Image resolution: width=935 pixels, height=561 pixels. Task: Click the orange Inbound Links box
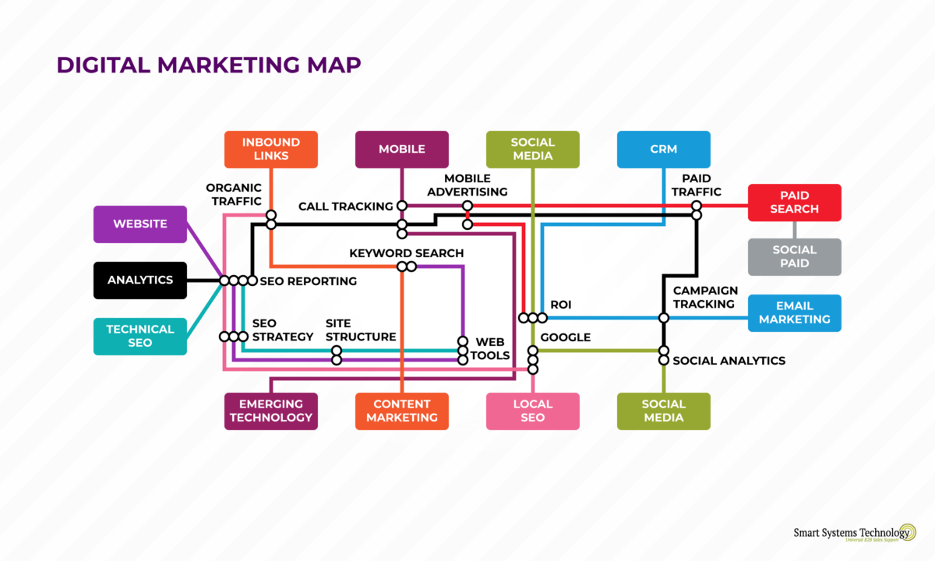(x=270, y=149)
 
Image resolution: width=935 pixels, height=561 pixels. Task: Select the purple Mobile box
(x=401, y=149)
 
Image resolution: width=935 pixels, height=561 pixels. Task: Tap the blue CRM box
(x=663, y=149)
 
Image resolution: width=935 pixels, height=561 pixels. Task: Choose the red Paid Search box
(x=794, y=202)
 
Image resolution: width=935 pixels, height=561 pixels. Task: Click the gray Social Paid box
(x=794, y=256)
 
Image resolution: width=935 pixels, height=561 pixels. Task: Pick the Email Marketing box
(x=794, y=312)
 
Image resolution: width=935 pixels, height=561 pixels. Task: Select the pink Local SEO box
(x=532, y=411)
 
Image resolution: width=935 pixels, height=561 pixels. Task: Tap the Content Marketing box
(x=401, y=411)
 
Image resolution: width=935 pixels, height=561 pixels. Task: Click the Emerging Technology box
(x=270, y=411)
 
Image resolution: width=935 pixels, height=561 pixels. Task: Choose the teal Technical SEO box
(x=139, y=336)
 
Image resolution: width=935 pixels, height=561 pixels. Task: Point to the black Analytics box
(x=139, y=280)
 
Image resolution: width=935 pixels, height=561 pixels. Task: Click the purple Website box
(x=139, y=224)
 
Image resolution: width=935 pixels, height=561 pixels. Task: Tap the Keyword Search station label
(x=406, y=253)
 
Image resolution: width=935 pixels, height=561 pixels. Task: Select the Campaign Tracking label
(x=705, y=297)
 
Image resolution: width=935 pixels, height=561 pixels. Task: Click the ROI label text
(x=560, y=305)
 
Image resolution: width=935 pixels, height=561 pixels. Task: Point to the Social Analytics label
(x=729, y=361)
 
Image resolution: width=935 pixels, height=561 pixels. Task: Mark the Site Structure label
(x=360, y=330)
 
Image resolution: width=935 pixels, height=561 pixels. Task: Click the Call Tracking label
(x=345, y=206)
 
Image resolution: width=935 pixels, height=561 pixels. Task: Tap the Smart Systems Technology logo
(x=854, y=534)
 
